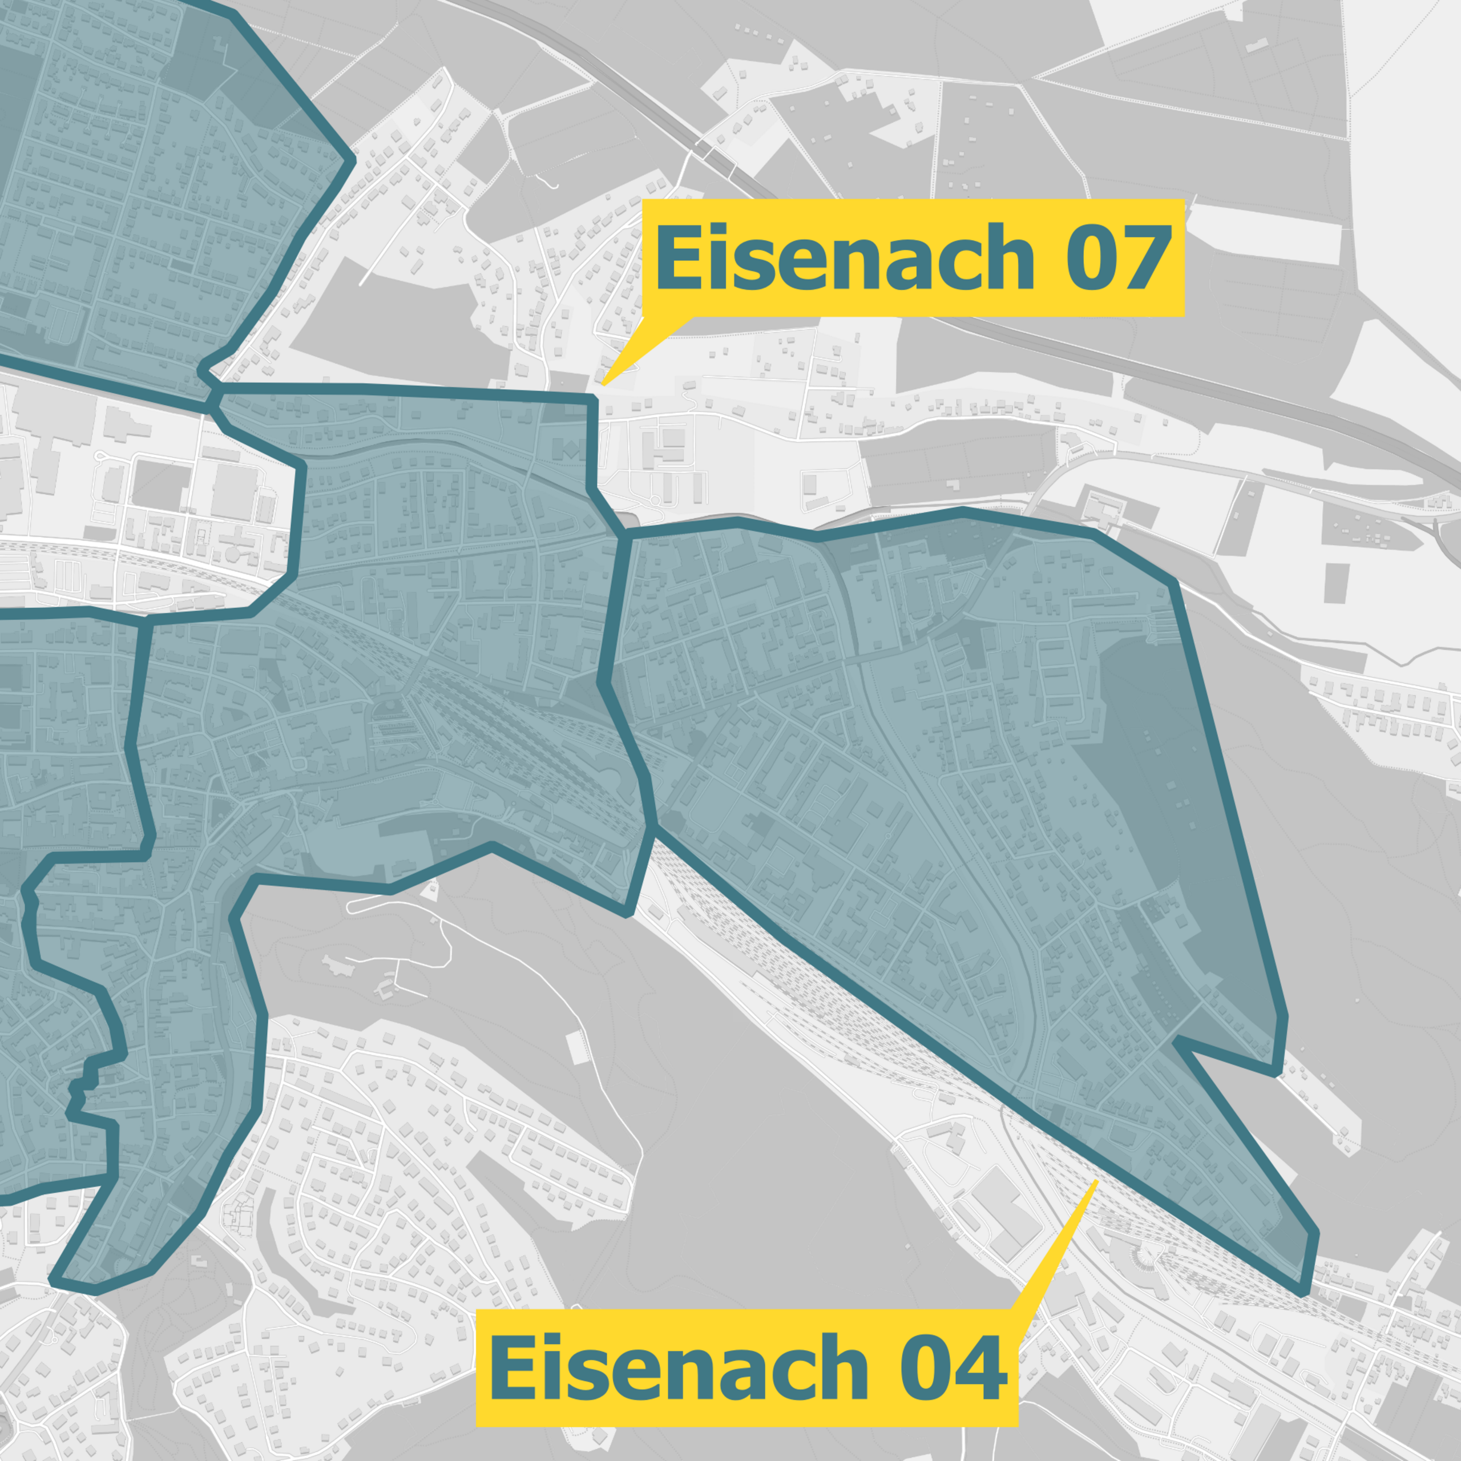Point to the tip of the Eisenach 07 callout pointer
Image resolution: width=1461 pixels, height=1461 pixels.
pyautogui.click(x=603, y=386)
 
